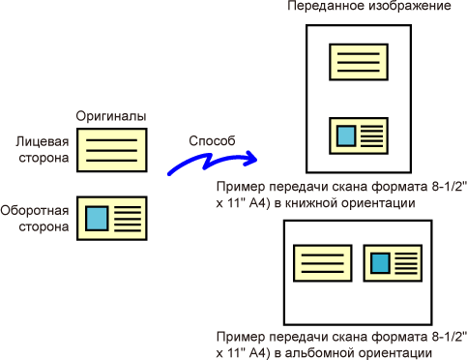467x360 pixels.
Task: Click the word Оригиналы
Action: click(111, 116)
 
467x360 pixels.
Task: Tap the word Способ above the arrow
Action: click(212, 141)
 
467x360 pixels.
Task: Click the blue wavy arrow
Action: click(206, 162)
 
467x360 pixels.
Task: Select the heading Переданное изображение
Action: click(369, 6)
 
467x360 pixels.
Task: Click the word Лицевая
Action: click(43, 142)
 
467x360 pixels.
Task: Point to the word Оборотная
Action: click(35, 210)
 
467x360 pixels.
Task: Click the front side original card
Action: click(112, 150)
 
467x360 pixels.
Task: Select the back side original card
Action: click(112, 219)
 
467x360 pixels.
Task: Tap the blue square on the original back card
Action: click(97, 219)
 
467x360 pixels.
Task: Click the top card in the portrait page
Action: click(359, 62)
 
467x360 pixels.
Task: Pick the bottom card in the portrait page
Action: click(359, 135)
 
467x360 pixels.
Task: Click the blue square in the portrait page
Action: click(346, 135)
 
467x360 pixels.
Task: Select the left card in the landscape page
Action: click(323, 263)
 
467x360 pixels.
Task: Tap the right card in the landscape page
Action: click(393, 263)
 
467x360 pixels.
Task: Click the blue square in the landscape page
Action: click(381, 263)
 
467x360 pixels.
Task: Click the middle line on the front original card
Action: click(112, 150)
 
